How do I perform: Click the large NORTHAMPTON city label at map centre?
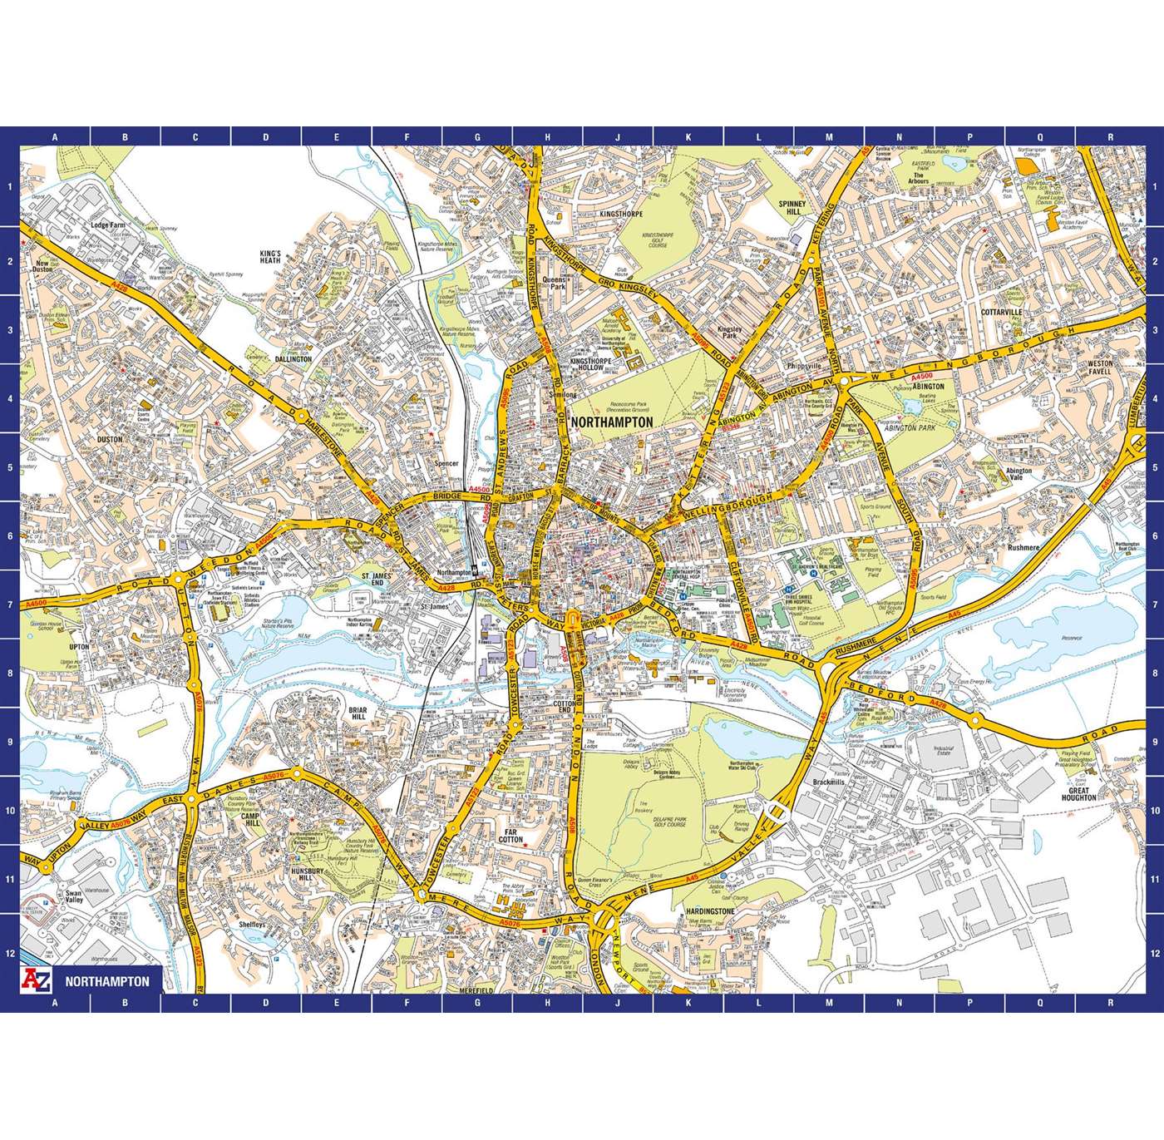coord(613,422)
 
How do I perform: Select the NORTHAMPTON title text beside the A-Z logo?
coord(107,981)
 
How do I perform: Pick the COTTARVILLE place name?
coord(1000,312)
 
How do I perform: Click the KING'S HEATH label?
coord(271,256)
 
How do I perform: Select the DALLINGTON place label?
coord(294,359)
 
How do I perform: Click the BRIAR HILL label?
coord(358,713)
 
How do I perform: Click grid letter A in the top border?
coord(55,137)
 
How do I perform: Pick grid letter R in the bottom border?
coord(1110,1003)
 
